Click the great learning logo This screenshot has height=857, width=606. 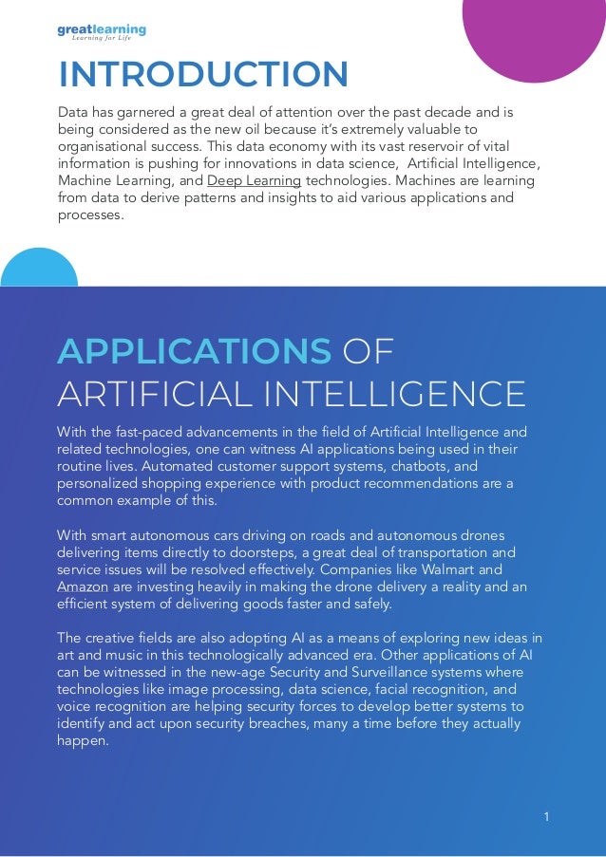(x=102, y=32)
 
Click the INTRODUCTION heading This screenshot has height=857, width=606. (x=203, y=74)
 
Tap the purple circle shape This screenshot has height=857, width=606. (x=538, y=33)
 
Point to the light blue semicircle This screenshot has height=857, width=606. (x=38, y=268)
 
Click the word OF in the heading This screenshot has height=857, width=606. (x=368, y=351)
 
